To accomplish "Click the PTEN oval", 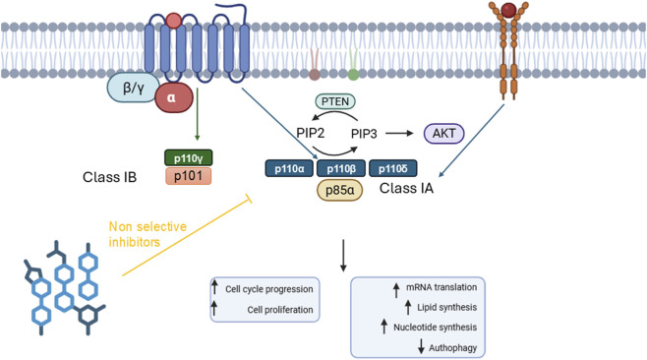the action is click(x=335, y=101).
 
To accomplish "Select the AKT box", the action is click(x=444, y=134).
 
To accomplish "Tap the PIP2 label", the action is click(x=311, y=134).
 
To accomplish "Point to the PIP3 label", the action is click(x=364, y=134).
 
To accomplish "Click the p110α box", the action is click(x=289, y=168).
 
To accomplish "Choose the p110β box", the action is click(x=341, y=168).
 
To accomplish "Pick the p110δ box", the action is click(x=393, y=168).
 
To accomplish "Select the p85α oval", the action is click(x=339, y=190).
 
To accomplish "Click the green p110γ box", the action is click(x=189, y=158).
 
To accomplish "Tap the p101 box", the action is click(x=189, y=176).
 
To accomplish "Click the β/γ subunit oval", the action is click(x=133, y=88).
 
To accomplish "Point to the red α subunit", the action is click(x=174, y=97).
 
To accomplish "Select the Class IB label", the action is click(x=109, y=177).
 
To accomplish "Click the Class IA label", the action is click(x=406, y=188).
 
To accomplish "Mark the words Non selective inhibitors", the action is click(x=147, y=234).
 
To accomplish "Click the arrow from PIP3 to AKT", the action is click(x=399, y=134).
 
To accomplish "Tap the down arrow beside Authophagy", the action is click(x=421, y=346).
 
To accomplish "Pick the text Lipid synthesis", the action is click(x=446, y=307).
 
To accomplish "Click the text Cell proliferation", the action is click(x=280, y=310).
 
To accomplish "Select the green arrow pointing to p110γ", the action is click(x=198, y=114).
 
